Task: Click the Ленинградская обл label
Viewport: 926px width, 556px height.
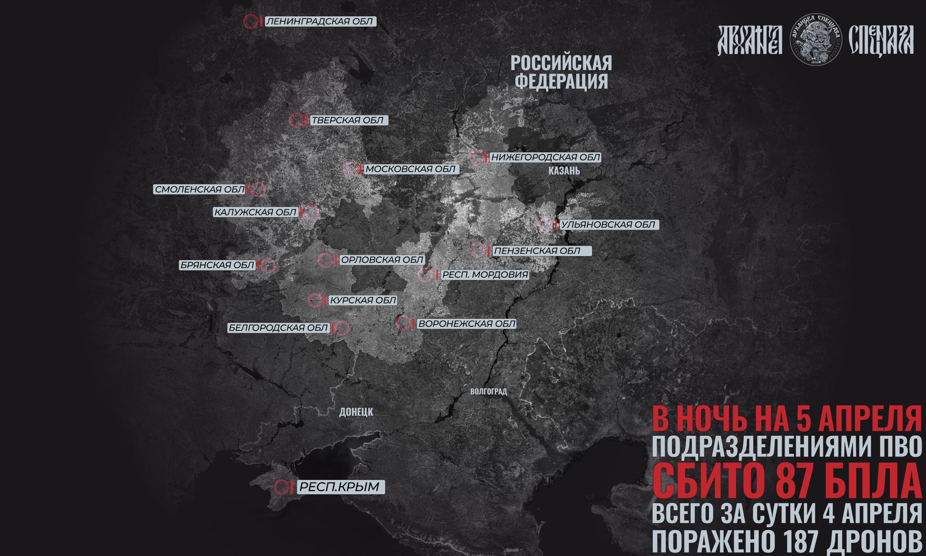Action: coord(320,22)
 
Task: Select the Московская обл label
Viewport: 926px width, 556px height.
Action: coord(410,169)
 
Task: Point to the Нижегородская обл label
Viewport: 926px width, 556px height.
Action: coord(545,157)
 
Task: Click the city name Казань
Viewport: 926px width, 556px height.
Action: coord(564,171)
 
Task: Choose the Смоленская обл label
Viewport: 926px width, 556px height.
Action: coord(200,190)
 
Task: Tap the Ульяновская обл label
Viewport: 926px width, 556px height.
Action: coord(609,225)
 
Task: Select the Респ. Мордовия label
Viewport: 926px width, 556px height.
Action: coord(485,275)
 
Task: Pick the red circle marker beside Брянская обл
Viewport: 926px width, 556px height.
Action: coord(268,266)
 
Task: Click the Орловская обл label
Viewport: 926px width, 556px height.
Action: coord(382,260)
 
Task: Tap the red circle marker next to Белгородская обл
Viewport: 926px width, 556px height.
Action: coord(341,328)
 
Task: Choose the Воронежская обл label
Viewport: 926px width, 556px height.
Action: coord(466,324)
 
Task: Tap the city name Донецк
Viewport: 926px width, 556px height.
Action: coord(356,412)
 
